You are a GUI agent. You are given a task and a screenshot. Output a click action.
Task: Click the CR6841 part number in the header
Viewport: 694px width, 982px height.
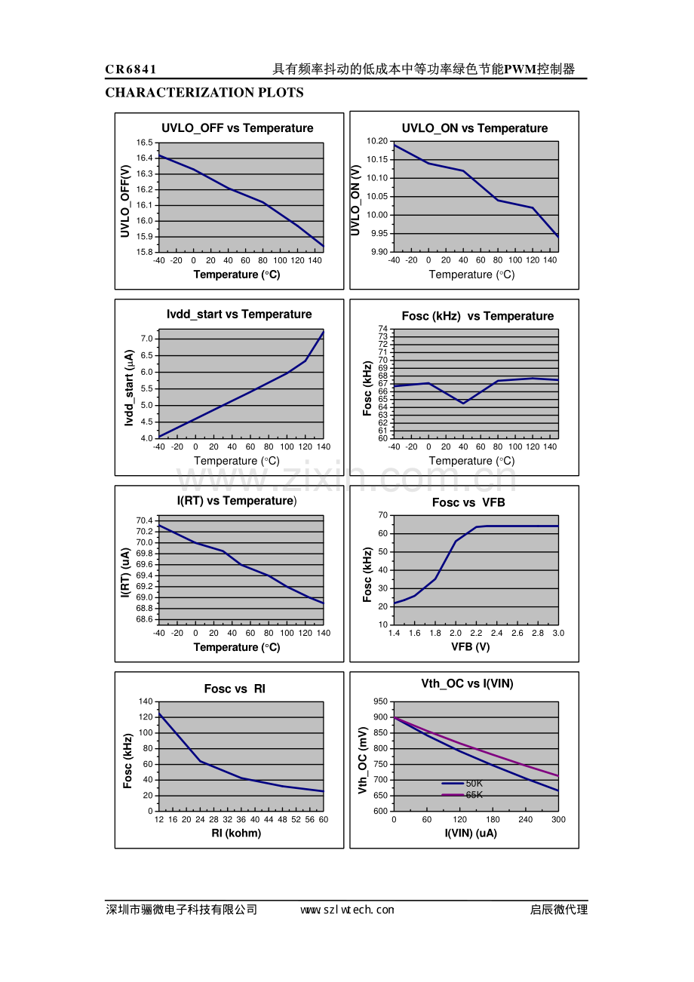(131, 69)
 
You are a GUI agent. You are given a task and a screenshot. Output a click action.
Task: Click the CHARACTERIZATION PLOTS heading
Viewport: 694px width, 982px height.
(204, 93)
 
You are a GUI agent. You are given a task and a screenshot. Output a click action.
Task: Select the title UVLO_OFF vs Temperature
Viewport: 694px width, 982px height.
(238, 128)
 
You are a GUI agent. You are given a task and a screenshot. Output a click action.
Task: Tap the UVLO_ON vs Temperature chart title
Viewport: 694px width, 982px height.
(474, 128)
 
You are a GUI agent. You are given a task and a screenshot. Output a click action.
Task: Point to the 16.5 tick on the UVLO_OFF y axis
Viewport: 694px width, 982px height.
(144, 143)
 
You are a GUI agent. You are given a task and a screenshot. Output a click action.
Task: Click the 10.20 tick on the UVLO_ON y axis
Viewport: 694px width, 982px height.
(377, 141)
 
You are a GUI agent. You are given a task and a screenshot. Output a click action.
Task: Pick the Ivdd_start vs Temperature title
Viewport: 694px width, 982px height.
(239, 315)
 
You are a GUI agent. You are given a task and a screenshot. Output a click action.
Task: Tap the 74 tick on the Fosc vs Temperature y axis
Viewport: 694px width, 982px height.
(382, 329)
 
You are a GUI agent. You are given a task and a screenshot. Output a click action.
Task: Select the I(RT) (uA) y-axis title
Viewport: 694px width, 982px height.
(127, 573)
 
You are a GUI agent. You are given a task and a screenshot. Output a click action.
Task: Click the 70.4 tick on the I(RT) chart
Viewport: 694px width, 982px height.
(144, 520)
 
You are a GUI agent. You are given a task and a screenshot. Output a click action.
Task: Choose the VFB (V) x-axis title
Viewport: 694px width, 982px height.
(471, 647)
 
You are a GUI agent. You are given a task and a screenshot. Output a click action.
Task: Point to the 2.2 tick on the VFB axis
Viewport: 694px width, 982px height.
(476, 634)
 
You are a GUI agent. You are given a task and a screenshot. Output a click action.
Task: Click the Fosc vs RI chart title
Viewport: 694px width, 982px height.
(235, 689)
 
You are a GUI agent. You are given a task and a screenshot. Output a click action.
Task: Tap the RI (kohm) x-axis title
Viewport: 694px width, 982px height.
(237, 833)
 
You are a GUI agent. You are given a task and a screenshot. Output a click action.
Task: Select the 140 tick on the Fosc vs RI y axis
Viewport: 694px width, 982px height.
(146, 701)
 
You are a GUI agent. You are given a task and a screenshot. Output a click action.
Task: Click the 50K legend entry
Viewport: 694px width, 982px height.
(474, 784)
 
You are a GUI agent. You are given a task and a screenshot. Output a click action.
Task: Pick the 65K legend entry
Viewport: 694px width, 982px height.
(474, 795)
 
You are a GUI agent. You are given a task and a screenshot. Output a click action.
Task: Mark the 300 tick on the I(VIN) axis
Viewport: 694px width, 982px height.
(558, 820)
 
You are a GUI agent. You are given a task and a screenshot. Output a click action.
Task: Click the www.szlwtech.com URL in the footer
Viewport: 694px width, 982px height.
(347, 910)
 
